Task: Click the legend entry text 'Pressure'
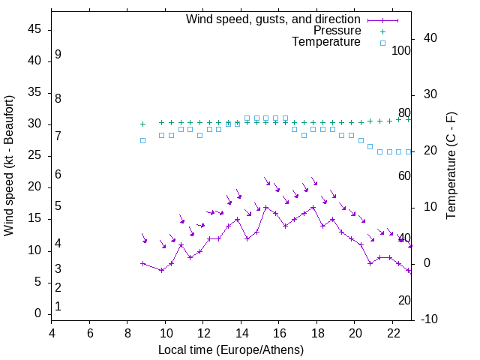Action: pyautogui.click(x=338, y=31)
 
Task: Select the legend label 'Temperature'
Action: pyautogui.click(x=326, y=42)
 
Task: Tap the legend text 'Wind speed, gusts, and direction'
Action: pyautogui.click(x=273, y=19)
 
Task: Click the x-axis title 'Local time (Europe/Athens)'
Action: pyautogui.click(x=231, y=349)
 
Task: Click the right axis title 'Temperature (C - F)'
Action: pyautogui.click(x=451, y=166)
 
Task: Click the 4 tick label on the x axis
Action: pyautogui.click(x=52, y=333)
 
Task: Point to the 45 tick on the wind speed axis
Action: pyautogui.click(x=34, y=29)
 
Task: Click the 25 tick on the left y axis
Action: pyautogui.click(x=34, y=156)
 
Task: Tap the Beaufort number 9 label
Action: pyautogui.click(x=58, y=55)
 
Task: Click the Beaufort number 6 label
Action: pyautogui.click(x=58, y=174)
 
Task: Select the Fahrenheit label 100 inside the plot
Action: pyautogui.click(x=401, y=50)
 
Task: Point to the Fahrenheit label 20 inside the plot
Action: pyautogui.click(x=404, y=300)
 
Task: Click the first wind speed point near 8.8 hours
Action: pyautogui.click(x=142, y=263)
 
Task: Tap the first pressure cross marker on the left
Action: pyautogui.click(x=142, y=124)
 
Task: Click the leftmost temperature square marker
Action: pyautogui.click(x=142, y=140)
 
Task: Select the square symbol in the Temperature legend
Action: pyautogui.click(x=382, y=43)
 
